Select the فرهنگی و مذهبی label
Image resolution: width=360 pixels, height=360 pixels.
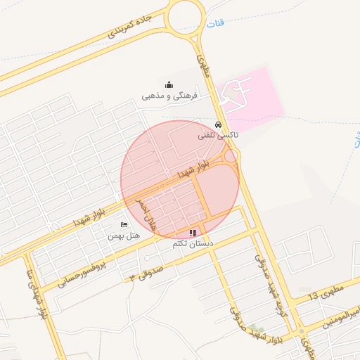[171, 94]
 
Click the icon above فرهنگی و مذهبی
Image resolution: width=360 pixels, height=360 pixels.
[168, 84]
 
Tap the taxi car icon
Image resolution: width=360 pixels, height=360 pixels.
[219, 124]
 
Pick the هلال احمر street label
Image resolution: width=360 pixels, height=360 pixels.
[147, 213]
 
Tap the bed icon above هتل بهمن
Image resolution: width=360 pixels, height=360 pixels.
[124, 225]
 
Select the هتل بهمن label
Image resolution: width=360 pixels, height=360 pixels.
[124, 236]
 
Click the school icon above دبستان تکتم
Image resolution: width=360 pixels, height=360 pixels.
[193, 232]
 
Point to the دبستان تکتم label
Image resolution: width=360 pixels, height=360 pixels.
[193, 243]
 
